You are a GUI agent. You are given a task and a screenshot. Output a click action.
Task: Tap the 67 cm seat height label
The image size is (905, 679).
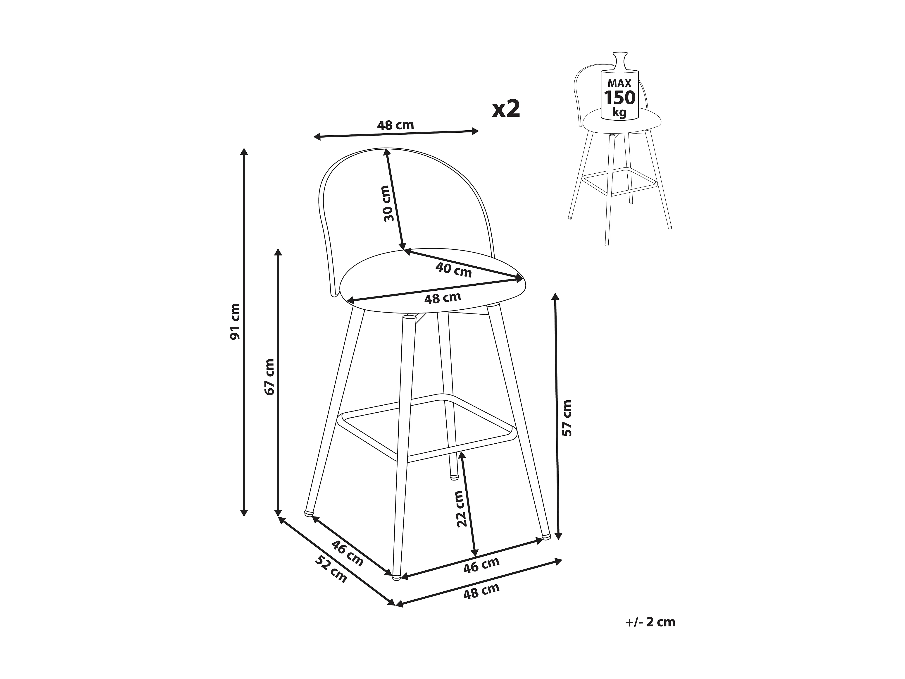[269, 377]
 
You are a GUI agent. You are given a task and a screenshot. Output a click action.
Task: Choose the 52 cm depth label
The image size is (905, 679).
[331, 569]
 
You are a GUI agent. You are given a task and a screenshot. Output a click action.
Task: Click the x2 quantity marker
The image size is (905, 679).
[506, 109]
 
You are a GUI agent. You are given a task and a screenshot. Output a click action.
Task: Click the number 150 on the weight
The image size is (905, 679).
[620, 98]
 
